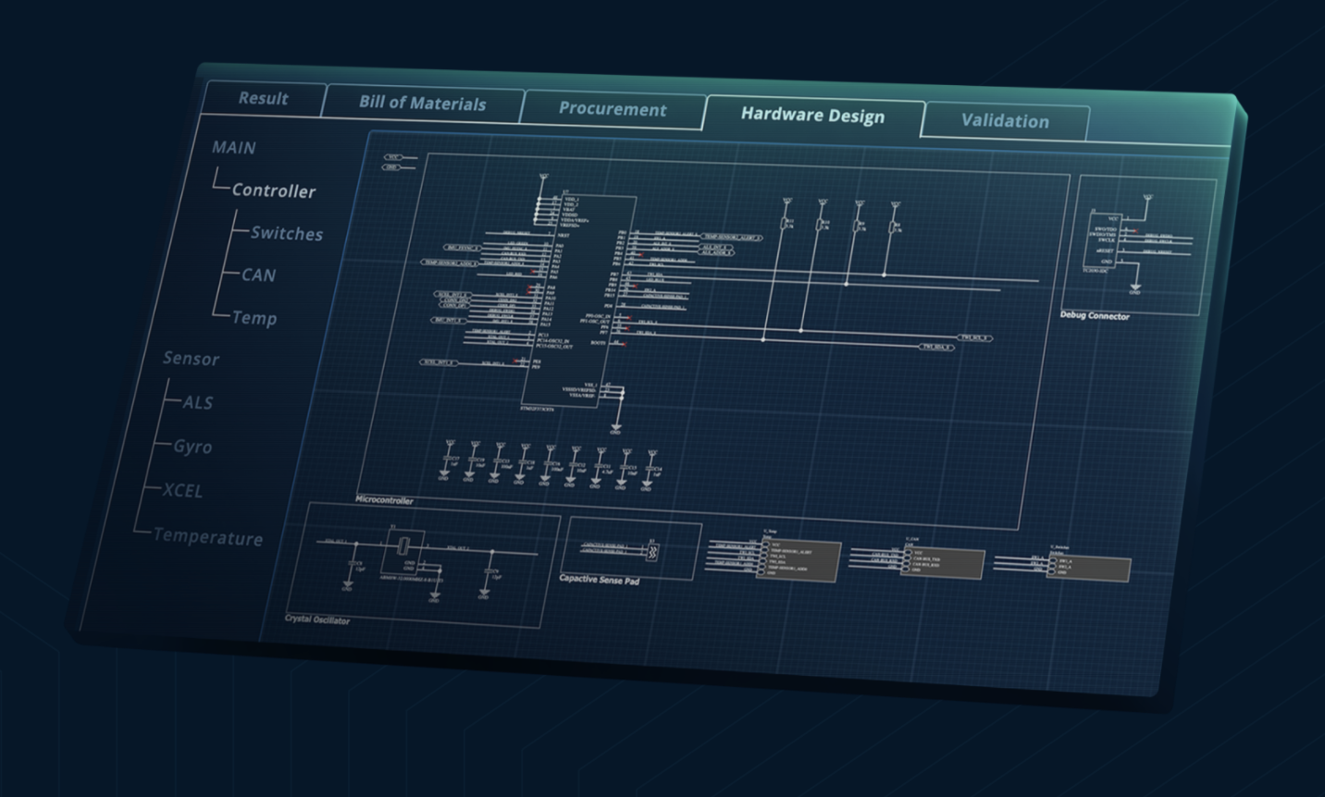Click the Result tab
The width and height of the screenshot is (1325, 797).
point(263,98)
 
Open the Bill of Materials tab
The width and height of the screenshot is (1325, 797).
point(422,104)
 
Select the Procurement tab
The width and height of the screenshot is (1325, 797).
point(612,109)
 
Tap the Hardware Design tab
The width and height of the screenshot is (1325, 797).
point(812,116)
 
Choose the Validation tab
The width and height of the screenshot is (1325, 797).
point(1005,121)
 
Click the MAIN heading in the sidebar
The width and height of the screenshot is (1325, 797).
point(233,148)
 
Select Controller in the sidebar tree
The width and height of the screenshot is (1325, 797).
point(273,190)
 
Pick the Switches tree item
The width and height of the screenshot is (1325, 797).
point(287,234)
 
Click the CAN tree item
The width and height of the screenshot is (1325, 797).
point(258,276)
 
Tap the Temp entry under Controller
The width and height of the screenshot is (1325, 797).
point(254,318)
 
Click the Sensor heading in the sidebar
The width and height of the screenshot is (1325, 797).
point(191,359)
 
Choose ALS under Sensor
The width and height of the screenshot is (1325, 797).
point(197,402)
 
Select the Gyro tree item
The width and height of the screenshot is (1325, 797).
point(192,447)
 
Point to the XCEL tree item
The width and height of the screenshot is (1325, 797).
point(182,491)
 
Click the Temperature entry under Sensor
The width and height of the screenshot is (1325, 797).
point(207,537)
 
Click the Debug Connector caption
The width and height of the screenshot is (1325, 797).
point(1095,315)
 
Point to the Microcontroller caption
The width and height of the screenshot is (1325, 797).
point(384,500)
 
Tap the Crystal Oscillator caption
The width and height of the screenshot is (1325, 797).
point(317,619)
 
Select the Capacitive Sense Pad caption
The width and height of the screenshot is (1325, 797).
point(599,580)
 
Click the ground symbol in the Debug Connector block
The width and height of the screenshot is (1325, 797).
point(1134,288)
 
